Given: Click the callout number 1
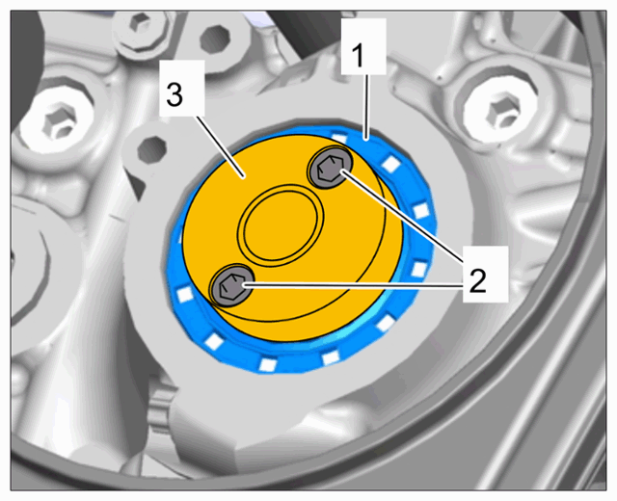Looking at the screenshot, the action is tap(359, 56).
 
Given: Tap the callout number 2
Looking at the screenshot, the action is tap(478, 279).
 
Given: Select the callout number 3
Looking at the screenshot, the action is tap(174, 94).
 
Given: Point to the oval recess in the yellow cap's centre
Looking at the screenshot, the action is tap(281, 224).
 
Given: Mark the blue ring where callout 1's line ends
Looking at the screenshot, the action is tap(366, 137).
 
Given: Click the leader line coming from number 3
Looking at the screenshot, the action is tap(220, 147).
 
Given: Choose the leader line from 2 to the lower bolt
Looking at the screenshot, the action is tap(353, 285).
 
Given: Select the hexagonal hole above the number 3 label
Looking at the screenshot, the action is tap(214, 39).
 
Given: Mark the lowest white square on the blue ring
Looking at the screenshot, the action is tap(267, 364).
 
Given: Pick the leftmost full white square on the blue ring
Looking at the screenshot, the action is tap(184, 294).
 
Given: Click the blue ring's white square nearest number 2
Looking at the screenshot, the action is tap(418, 270).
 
